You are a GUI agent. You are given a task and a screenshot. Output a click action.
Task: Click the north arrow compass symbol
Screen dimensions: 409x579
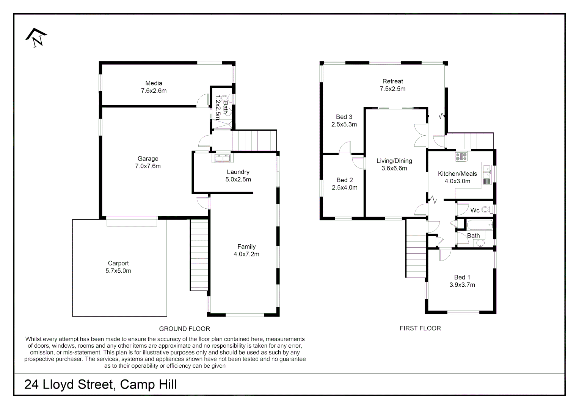[x=36, y=37]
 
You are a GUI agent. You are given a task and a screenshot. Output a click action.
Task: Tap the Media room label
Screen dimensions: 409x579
[x=154, y=83]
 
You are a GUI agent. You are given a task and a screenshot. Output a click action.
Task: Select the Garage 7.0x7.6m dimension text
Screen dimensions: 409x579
[x=148, y=166]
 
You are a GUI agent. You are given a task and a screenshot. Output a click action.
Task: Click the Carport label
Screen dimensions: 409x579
[x=118, y=263]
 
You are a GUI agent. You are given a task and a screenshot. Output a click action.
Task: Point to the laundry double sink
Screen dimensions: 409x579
[x=222, y=158]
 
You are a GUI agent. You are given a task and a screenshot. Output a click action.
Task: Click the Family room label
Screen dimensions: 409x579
[x=246, y=247]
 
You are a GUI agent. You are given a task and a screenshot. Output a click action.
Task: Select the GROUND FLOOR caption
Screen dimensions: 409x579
[x=184, y=329]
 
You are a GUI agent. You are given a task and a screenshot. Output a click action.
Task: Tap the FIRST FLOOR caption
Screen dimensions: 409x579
[x=420, y=328]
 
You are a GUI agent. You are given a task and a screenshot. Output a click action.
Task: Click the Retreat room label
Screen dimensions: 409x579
[x=392, y=81]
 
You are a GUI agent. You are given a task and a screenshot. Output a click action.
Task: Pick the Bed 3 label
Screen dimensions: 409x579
[x=344, y=117]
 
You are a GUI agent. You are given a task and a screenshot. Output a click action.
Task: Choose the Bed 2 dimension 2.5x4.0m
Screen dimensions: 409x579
[x=344, y=187]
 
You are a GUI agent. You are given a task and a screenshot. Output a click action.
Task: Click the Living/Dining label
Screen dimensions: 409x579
[x=394, y=161]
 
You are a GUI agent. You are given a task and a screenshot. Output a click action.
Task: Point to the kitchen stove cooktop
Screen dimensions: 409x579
[x=461, y=156]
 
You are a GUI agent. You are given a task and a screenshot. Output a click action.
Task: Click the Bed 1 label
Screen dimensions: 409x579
[x=462, y=277]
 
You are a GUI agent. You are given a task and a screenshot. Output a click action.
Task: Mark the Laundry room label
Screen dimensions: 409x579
[x=238, y=172]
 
